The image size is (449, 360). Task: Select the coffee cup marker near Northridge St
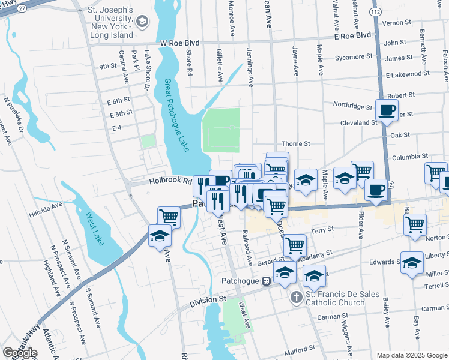click(387, 110)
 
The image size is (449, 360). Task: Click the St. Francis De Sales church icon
click(295, 297)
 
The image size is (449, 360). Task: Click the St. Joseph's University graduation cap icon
click(142, 23)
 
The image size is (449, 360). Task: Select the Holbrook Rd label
click(170, 181)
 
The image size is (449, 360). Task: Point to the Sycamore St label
click(354, 57)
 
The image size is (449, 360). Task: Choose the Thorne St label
click(296, 144)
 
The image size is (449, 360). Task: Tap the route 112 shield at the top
click(376, 11)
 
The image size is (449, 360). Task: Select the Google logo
click(20, 353)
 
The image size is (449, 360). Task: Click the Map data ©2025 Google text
click(412, 355)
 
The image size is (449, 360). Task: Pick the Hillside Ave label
click(46, 213)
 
